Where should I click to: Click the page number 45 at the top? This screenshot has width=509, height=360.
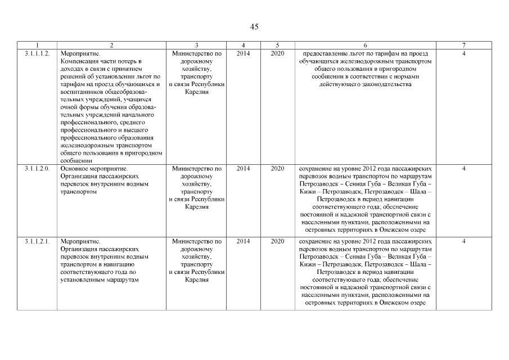tap(254, 27)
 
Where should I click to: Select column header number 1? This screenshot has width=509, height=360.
tap(37, 45)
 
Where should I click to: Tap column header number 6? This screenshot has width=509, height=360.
tap(366, 45)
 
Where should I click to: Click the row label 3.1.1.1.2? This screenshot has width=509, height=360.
tap(37, 53)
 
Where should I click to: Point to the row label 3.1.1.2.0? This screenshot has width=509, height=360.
tap(37, 168)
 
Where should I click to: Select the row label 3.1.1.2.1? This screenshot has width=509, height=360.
tap(37, 241)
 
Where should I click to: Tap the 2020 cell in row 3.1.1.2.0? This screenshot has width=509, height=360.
tap(277, 168)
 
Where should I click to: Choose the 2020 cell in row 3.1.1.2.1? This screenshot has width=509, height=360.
tap(277, 241)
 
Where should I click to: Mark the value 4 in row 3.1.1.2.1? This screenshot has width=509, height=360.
tap(463, 241)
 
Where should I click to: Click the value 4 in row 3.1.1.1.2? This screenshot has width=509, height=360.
tap(463, 53)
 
